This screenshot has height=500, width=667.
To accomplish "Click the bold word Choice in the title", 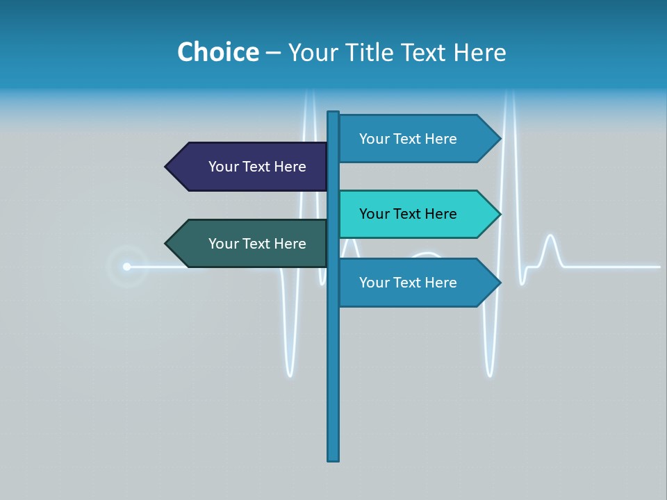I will [x=217, y=52].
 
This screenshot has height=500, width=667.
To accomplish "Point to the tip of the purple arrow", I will [x=167, y=167].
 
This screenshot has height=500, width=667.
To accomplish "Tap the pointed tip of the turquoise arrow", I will [x=499, y=214].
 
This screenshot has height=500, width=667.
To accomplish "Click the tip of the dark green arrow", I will [x=167, y=244].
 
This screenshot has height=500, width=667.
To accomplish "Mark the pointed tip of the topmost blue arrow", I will [x=499, y=139].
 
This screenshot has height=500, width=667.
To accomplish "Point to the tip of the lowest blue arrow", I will [x=499, y=283].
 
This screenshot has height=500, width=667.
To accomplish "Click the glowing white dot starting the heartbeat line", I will [x=126, y=267].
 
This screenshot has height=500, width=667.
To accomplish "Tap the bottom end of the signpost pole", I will [x=333, y=458].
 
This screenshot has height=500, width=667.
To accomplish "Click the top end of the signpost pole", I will [x=333, y=114].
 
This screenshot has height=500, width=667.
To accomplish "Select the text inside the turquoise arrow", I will [x=408, y=214].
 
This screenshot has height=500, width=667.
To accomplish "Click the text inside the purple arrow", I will [x=257, y=167].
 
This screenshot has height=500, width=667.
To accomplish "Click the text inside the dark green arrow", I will [x=257, y=244].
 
